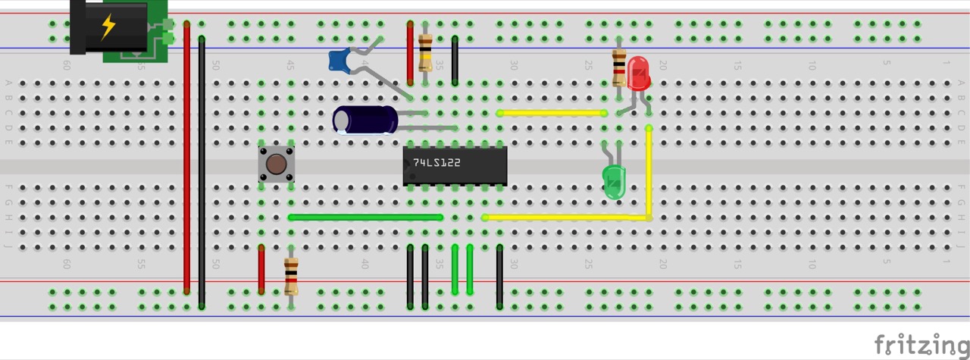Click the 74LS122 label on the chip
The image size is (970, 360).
point(436,163)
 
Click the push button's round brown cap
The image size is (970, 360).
point(277,164)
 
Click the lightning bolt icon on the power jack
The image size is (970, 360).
point(108,27)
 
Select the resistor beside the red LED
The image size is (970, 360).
point(619,67)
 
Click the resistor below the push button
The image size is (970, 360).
point(291,276)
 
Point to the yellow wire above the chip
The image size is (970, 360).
point(552,113)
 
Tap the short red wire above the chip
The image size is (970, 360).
point(410,53)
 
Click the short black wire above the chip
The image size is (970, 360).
point(455,59)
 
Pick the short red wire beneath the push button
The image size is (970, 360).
point(261,269)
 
